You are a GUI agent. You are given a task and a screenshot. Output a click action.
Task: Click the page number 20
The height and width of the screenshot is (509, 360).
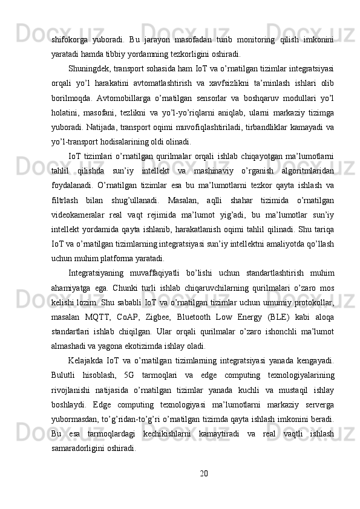coord(180,472)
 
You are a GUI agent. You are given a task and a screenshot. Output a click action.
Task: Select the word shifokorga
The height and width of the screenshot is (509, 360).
coord(70,39)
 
